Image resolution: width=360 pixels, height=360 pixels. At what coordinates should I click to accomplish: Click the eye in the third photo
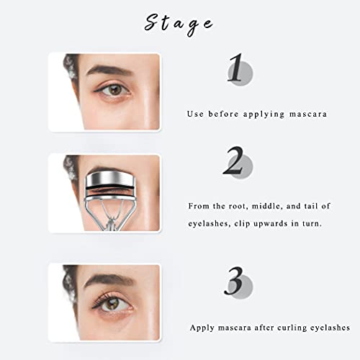pos(109,303)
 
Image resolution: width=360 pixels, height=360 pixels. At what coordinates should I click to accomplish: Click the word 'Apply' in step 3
pos(203,328)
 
